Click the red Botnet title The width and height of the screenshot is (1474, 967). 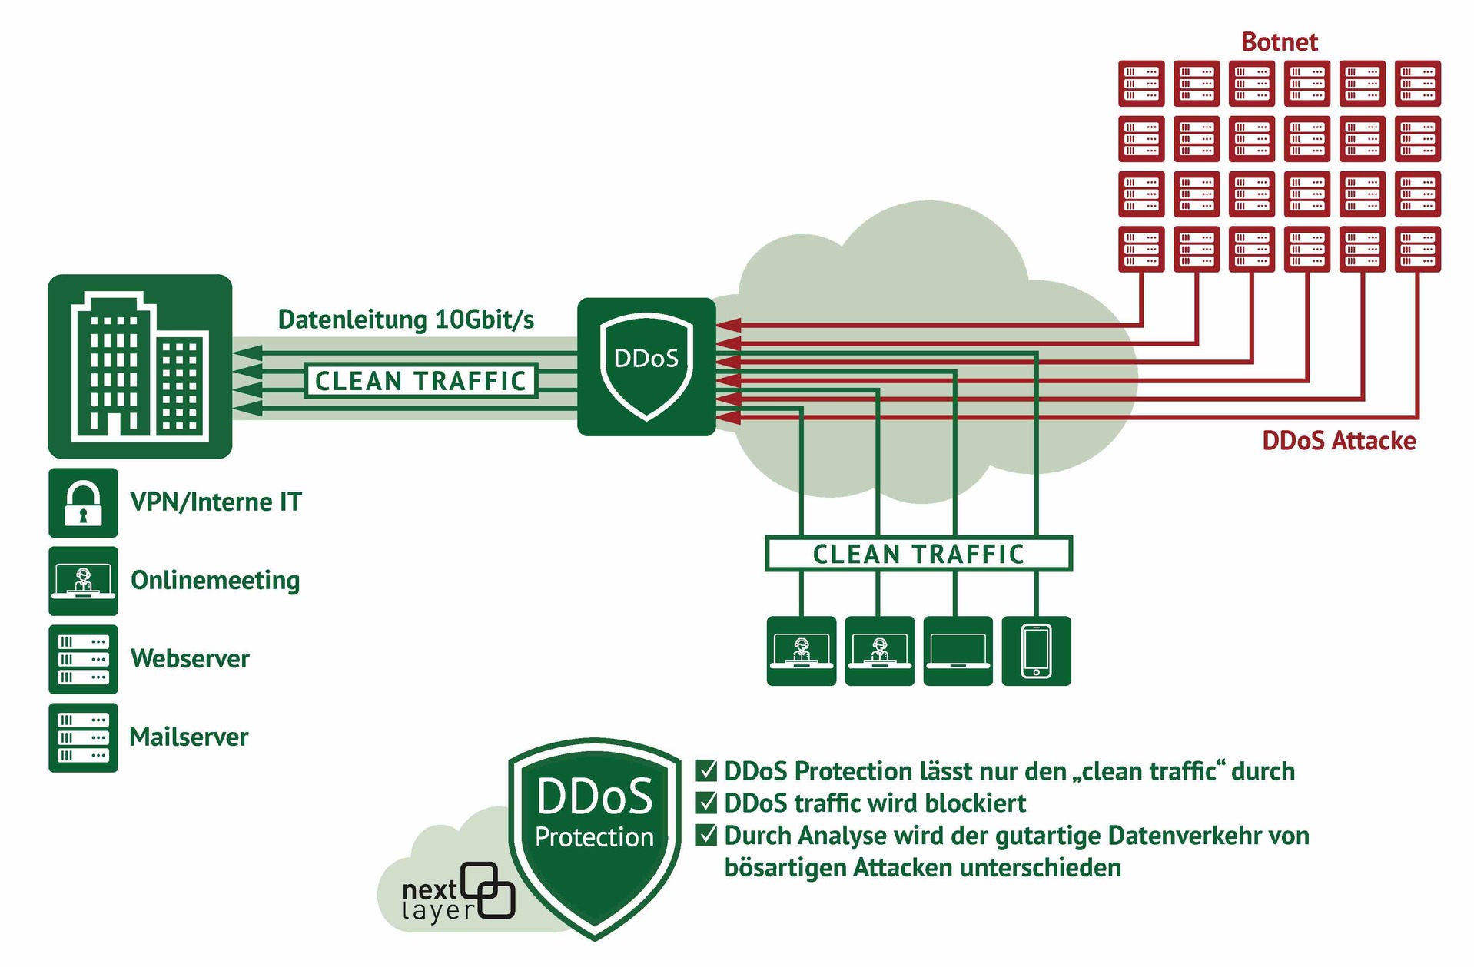click(x=1279, y=41)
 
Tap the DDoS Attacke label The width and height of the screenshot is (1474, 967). click(x=1338, y=441)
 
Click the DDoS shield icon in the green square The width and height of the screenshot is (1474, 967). click(x=646, y=366)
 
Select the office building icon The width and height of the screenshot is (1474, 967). click(x=140, y=366)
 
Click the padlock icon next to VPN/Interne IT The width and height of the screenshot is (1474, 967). click(x=83, y=502)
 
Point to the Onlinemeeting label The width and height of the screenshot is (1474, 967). click(x=215, y=581)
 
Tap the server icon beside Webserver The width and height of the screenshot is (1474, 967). click(x=83, y=659)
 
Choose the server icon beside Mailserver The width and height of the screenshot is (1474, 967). click(x=83, y=737)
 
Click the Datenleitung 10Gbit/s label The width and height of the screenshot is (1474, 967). click(x=406, y=320)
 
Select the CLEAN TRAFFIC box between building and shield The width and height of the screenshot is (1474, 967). click(x=420, y=381)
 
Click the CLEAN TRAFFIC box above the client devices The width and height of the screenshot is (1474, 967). click(x=918, y=554)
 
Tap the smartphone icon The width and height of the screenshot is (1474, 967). click(x=1036, y=651)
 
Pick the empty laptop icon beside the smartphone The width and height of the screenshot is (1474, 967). click(x=958, y=651)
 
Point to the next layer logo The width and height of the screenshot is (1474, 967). click(x=458, y=895)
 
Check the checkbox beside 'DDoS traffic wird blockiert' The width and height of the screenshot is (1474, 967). click(x=705, y=803)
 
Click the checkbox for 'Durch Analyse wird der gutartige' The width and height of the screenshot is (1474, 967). click(x=705, y=835)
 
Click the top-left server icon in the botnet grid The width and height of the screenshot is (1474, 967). click(x=1140, y=83)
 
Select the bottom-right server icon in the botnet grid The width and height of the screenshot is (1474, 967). click(x=1417, y=249)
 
